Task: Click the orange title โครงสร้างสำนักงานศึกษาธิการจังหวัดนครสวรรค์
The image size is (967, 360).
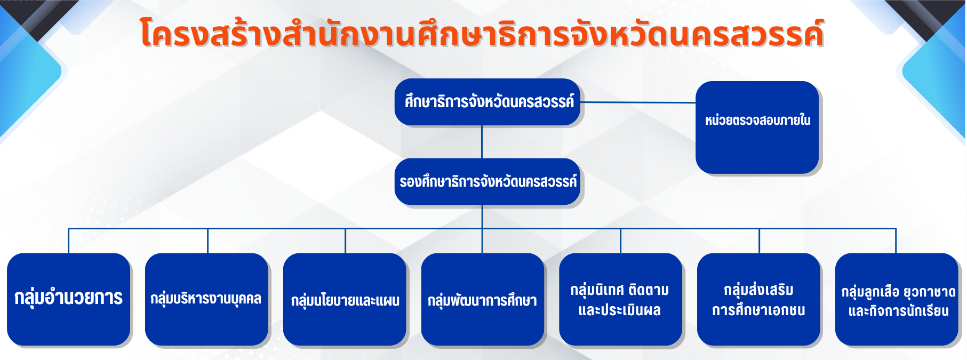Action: tap(482, 33)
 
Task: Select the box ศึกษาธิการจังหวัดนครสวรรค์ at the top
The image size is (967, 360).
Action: tap(487, 102)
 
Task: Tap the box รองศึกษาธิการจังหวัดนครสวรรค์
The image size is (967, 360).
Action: tap(487, 181)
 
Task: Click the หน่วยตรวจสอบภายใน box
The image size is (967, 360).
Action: tap(757, 127)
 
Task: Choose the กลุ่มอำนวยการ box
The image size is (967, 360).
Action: tap(68, 299)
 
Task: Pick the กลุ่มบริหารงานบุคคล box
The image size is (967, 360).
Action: tap(206, 299)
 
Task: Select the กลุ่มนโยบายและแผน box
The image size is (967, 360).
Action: tap(345, 299)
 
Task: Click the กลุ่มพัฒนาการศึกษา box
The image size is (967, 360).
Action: tap(483, 299)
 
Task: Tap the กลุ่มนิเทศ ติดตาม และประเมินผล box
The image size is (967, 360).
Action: tap(620, 299)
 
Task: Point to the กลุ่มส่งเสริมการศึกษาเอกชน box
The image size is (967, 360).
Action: tap(758, 299)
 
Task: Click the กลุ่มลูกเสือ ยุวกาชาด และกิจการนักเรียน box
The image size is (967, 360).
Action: tap(897, 299)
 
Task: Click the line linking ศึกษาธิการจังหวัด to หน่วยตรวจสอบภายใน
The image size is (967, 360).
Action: tap(638, 102)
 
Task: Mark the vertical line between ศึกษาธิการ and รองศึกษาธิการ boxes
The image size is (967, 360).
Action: tap(482, 142)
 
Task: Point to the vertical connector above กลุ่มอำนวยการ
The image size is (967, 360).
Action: tap(69, 241)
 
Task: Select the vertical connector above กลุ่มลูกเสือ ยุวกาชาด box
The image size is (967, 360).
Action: tap(896, 241)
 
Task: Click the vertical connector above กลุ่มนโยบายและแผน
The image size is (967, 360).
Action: tap(345, 241)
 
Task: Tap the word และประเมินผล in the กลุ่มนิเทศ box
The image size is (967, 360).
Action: tap(620, 310)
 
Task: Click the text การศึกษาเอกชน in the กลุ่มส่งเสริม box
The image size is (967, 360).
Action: tap(758, 310)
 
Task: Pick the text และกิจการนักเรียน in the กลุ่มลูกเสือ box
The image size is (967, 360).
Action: tap(898, 311)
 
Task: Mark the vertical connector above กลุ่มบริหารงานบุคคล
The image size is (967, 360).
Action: tap(207, 241)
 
